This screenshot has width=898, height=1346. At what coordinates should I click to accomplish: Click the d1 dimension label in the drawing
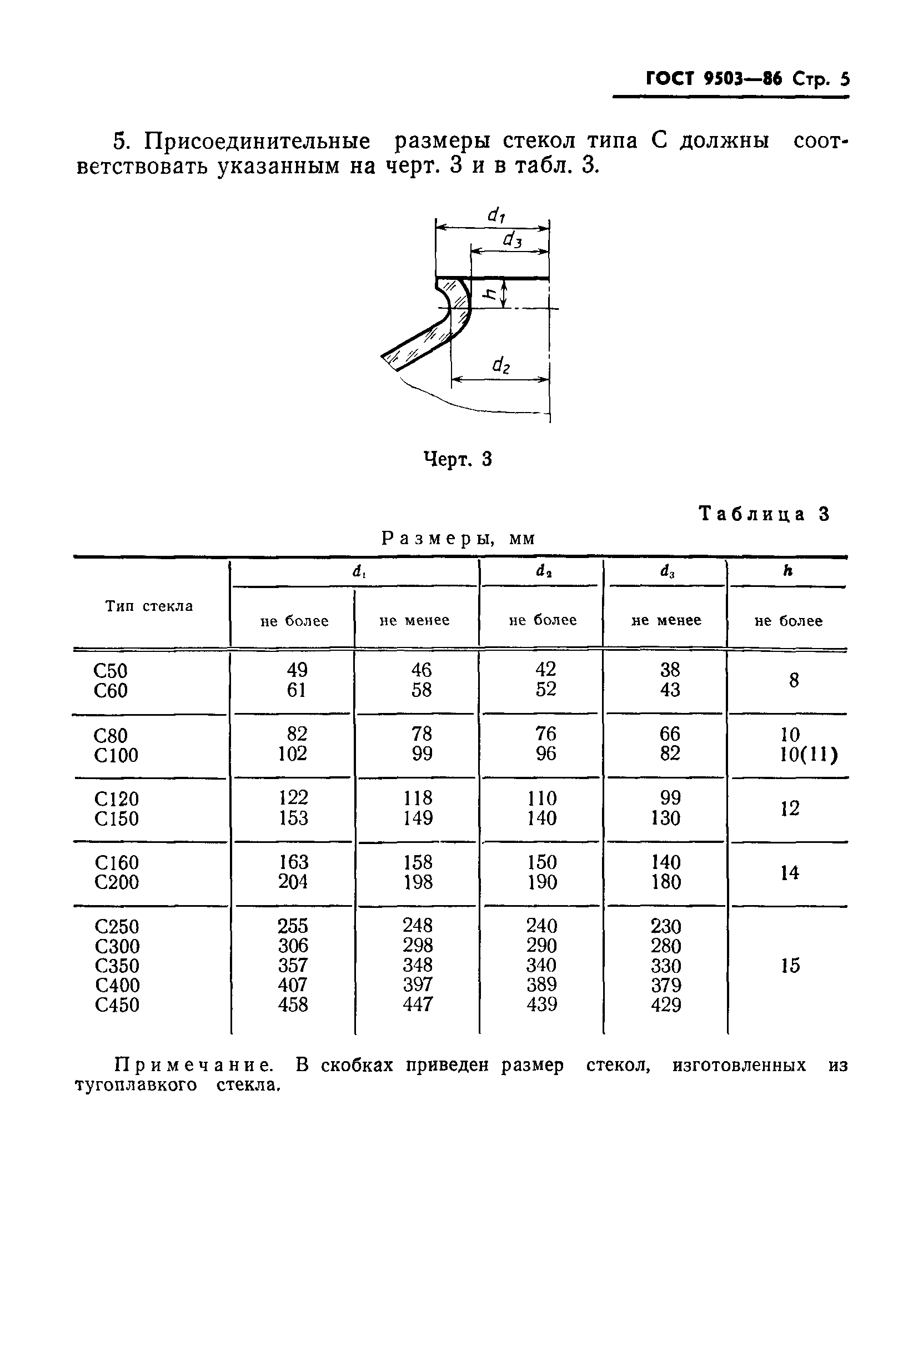click(496, 215)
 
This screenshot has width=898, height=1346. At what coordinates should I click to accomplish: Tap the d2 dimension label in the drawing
click(501, 365)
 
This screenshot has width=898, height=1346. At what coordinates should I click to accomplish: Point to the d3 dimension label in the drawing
click(512, 240)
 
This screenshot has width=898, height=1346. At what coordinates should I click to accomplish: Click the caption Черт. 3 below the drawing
click(458, 459)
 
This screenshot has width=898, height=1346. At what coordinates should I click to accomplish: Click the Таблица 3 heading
click(764, 514)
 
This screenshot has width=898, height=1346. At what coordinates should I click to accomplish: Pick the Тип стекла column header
click(149, 606)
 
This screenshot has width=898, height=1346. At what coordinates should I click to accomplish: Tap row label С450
click(117, 1005)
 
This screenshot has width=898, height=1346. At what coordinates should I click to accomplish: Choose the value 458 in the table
click(293, 1004)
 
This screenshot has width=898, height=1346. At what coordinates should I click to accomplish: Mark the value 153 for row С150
click(293, 818)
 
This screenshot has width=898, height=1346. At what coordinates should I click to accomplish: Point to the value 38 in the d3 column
click(670, 669)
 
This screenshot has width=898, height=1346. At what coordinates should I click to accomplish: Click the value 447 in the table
click(418, 1004)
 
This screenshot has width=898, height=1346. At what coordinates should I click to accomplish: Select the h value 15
click(790, 966)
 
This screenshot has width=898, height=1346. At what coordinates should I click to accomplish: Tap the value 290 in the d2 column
click(541, 945)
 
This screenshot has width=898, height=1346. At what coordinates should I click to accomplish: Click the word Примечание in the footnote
click(194, 1066)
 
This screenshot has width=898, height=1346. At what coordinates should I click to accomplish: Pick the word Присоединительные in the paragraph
click(257, 141)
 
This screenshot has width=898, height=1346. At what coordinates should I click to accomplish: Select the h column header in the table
click(788, 571)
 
